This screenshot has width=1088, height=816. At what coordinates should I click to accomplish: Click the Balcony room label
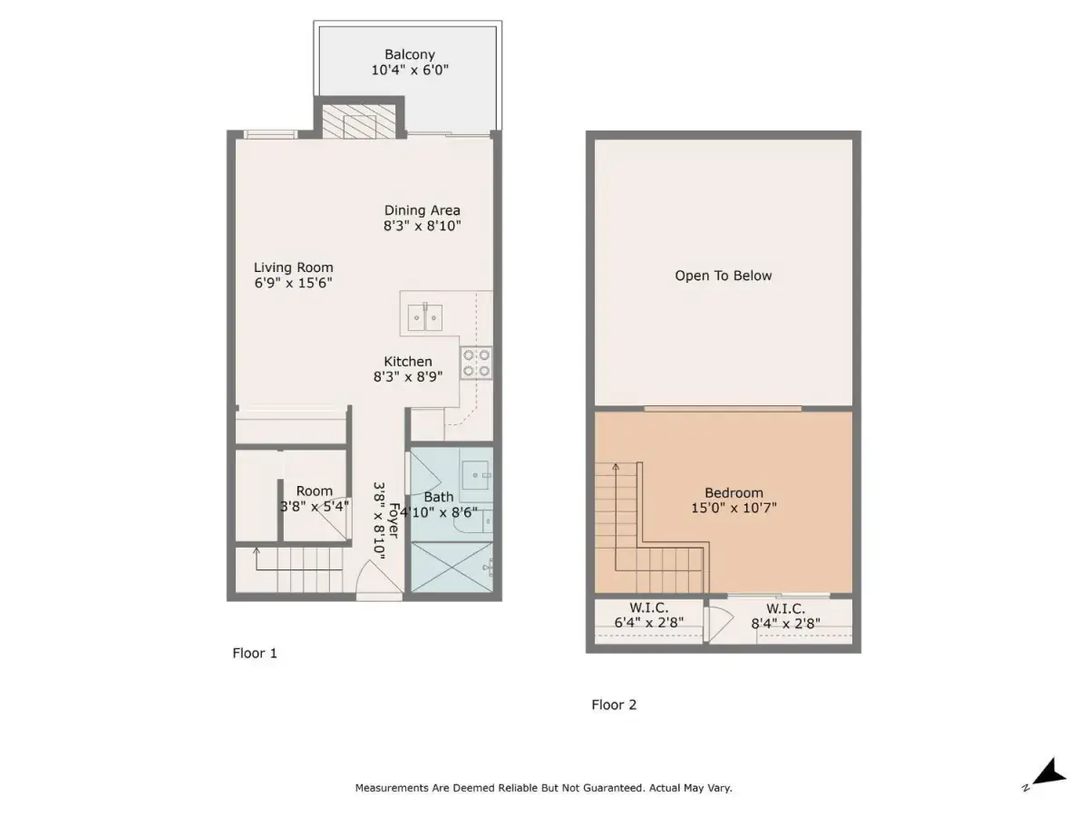click(x=410, y=54)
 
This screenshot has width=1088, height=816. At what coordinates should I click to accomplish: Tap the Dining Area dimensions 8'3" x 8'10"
click(x=422, y=226)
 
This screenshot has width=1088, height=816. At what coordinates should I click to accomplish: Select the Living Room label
click(x=293, y=267)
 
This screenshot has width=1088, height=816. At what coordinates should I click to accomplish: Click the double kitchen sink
click(x=425, y=317)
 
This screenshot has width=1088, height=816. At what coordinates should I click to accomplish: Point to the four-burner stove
click(x=476, y=363)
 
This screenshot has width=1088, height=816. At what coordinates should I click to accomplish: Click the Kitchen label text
click(x=407, y=361)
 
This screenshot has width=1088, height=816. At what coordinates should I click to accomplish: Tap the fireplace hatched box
click(x=359, y=121)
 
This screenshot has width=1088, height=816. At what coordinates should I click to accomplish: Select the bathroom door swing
click(x=423, y=473)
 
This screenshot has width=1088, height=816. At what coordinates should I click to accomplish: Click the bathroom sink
click(x=476, y=475)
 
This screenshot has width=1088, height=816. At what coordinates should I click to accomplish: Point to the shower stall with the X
click(x=452, y=567)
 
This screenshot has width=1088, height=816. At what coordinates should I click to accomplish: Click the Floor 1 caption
click(x=254, y=653)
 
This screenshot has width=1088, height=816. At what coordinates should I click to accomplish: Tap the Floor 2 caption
click(x=614, y=704)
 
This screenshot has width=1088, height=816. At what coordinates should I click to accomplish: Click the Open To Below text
click(x=723, y=276)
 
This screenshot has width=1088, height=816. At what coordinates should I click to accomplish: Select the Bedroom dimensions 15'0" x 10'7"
click(x=733, y=508)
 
